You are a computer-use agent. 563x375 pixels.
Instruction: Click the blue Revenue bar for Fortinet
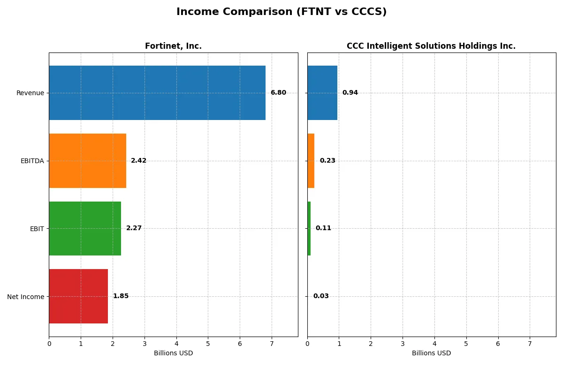(157, 93)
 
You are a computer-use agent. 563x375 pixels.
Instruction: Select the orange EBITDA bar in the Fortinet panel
(87, 161)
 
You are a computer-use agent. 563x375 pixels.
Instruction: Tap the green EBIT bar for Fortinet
(85, 228)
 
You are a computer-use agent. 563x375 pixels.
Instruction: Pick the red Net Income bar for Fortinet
(78, 296)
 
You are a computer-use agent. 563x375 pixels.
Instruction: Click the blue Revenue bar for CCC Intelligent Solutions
(322, 93)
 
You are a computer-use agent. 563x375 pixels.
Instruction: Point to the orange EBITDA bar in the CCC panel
(311, 161)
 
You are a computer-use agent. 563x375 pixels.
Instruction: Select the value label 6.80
(278, 93)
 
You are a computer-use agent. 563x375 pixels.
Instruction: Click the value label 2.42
(138, 161)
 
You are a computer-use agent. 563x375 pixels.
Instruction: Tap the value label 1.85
(121, 296)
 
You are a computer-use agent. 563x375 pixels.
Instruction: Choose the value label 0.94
(350, 93)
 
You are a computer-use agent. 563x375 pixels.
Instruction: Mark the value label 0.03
(321, 296)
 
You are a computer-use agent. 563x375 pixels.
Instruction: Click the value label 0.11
(323, 228)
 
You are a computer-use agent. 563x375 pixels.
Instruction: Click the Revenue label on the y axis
(30, 93)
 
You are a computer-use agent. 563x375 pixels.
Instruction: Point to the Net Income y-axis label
(26, 297)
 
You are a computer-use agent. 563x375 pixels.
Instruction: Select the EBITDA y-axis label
(32, 161)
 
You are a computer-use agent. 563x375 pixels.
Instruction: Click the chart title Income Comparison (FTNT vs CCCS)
(281, 12)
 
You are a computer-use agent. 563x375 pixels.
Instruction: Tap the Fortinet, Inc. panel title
(173, 46)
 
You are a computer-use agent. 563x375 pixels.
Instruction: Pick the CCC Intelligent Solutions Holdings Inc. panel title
(431, 46)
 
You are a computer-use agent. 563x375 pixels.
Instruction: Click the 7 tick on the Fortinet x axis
(272, 344)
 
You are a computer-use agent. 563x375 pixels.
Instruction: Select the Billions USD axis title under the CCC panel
(431, 353)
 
